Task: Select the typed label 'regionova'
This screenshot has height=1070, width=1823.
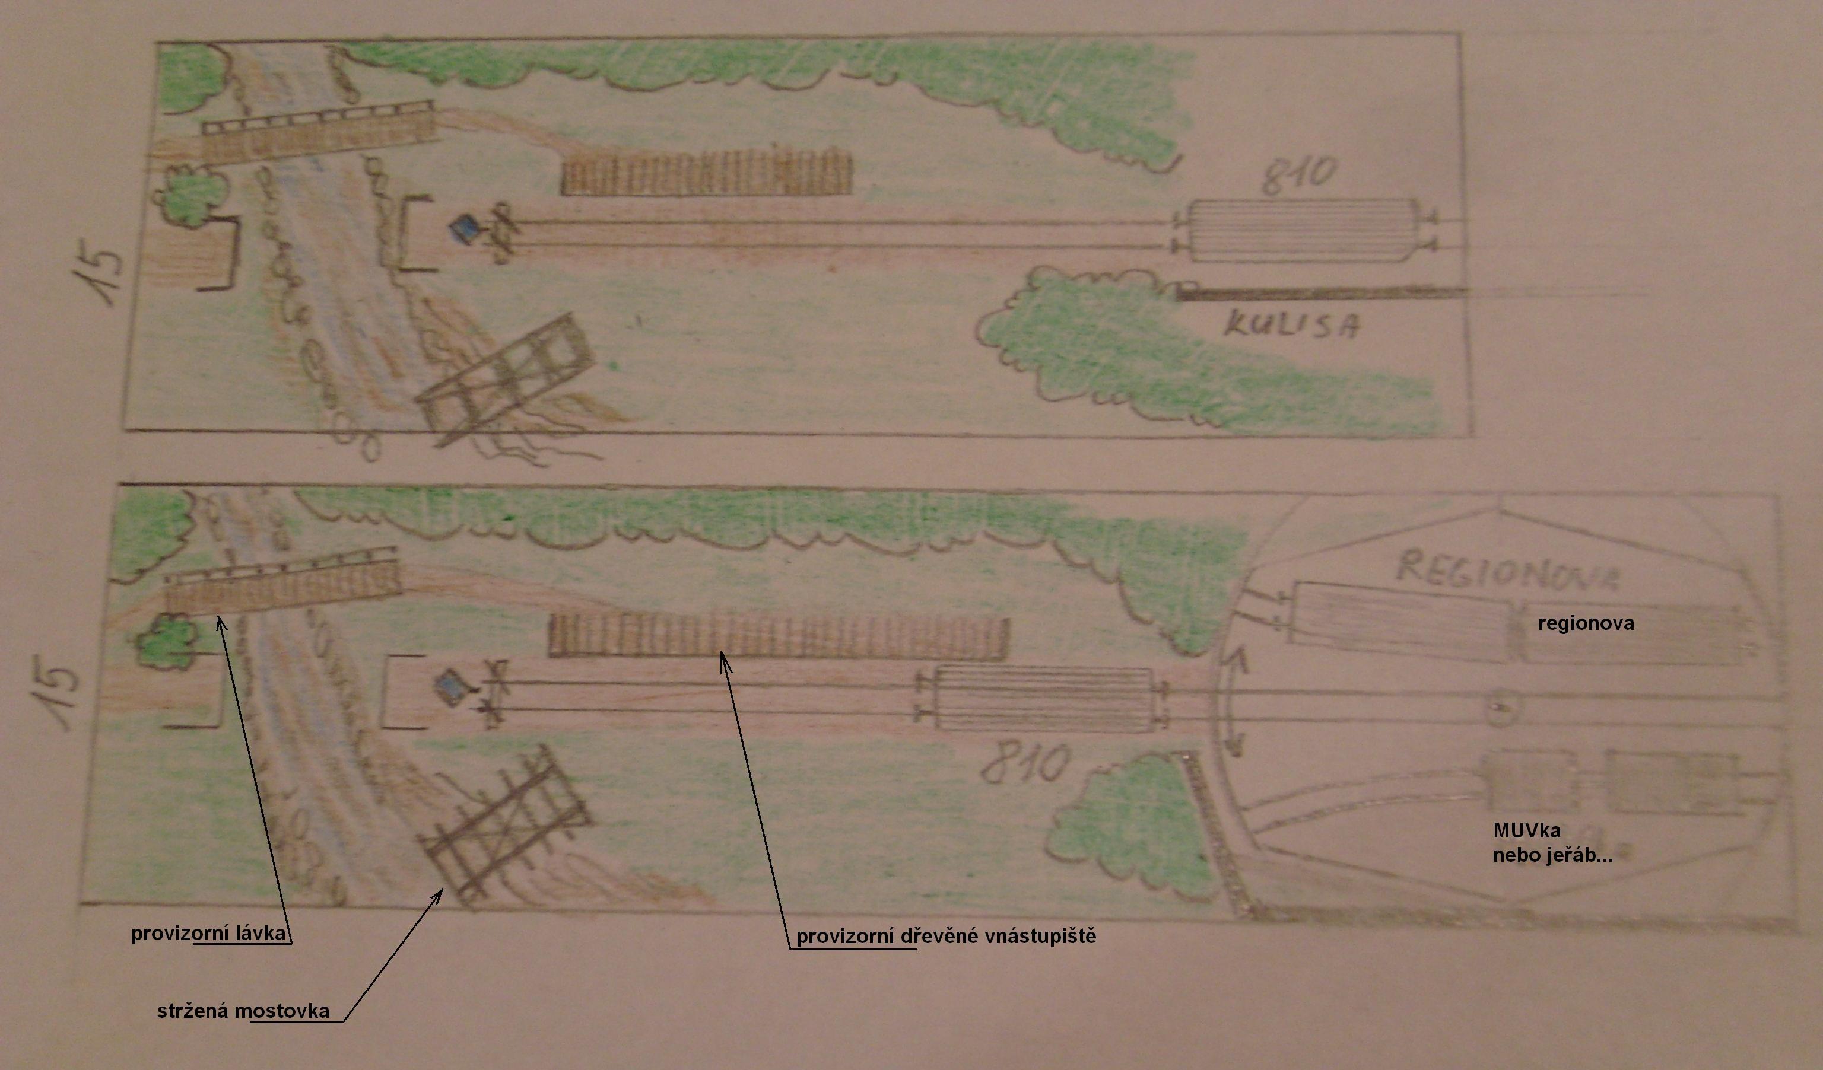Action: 1586,623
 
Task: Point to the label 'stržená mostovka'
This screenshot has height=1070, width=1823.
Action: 243,1011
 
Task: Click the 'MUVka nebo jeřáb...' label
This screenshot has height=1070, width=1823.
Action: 1552,842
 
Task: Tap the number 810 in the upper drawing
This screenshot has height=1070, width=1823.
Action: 1298,176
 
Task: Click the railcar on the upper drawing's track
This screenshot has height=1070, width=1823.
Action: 1302,231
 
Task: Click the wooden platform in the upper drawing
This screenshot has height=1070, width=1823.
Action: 707,171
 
